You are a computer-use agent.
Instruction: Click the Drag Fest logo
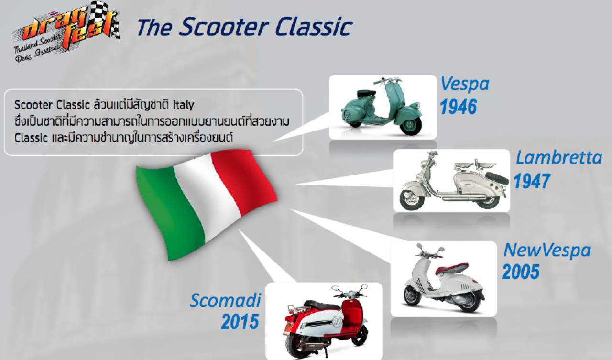66,32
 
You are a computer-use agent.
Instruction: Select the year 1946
459,107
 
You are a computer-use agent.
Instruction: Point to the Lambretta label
559,158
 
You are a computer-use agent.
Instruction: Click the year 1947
532,181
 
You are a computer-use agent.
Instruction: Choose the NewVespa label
547,251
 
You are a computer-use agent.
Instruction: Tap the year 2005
521,272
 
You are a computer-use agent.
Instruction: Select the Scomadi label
225,300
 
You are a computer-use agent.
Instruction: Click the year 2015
240,321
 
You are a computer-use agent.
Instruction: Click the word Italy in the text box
183,105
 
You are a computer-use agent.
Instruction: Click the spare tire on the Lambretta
497,178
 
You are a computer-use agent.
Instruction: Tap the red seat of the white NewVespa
452,268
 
